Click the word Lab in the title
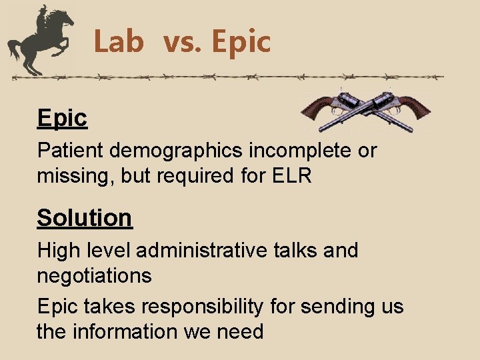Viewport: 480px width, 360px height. pos(119,42)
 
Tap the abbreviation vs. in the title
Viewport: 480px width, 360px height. pos(183,42)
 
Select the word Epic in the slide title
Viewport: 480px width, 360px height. pos(241,42)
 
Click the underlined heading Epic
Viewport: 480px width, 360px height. pos(62,118)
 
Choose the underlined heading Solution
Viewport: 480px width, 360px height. pos(85,218)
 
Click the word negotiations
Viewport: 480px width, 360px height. pos(94,275)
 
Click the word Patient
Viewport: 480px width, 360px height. pos(71,151)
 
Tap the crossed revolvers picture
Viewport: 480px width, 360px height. pos(365,109)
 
